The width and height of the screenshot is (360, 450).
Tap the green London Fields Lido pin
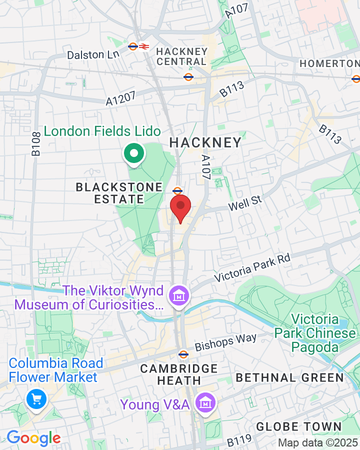pyautogui.click(x=133, y=154)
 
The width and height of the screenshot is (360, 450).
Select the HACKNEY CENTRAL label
pyautogui.click(x=181, y=56)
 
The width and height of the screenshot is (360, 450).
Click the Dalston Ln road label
pyautogui.click(x=92, y=54)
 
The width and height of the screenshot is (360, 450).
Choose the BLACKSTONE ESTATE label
pyautogui.click(x=119, y=193)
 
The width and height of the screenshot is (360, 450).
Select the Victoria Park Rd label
pyautogui.click(x=252, y=267)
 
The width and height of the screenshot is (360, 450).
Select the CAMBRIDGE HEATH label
pyautogui.click(x=179, y=374)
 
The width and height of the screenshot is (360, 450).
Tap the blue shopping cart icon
pyautogui.click(x=36, y=398)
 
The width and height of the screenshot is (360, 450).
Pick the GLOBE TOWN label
pyautogui.click(x=298, y=426)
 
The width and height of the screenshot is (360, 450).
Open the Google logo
pyautogui.click(x=33, y=438)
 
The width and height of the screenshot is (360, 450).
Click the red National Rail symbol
pyautogui.click(x=144, y=46)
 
